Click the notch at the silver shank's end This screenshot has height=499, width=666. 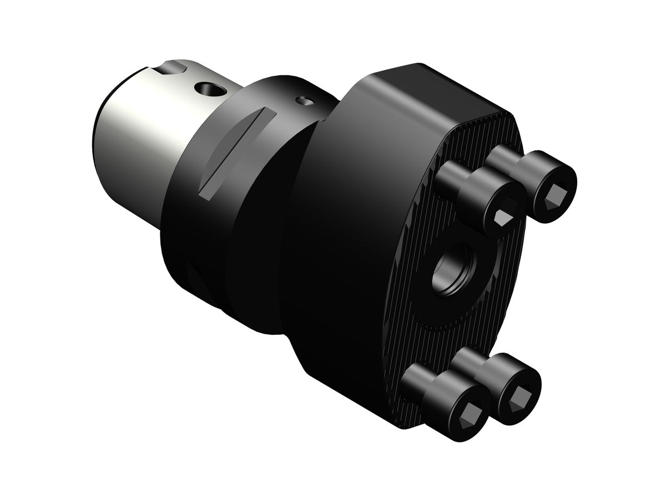[x=169, y=70]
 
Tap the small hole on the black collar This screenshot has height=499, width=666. [x=302, y=100]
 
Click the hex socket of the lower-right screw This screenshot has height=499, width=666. [x=520, y=395]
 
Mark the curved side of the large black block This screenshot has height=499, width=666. [x=333, y=249]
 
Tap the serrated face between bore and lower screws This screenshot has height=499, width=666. [x=444, y=344]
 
